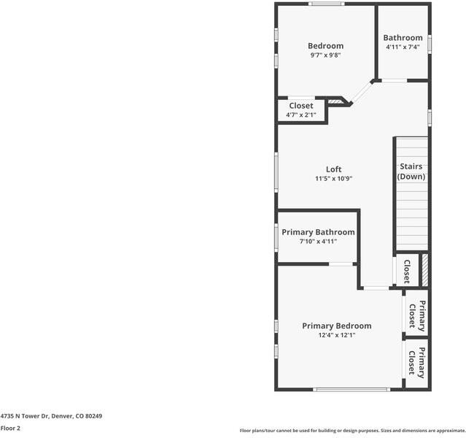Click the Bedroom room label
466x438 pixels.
[x=325, y=46]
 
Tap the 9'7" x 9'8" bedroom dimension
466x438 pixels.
[x=325, y=55]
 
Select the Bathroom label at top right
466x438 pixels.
[x=403, y=38]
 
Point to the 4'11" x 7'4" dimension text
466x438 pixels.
[x=403, y=47]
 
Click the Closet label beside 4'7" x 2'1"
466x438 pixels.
[x=300, y=106]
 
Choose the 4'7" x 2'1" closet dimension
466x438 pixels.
[x=300, y=115]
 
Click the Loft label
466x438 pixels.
[x=333, y=169]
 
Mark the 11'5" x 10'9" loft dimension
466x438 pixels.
[x=333, y=179]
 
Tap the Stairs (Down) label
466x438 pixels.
[x=411, y=172]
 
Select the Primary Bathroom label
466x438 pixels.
[x=318, y=232]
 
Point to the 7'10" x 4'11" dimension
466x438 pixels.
[x=318, y=241]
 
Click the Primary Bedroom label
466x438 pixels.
[x=336, y=326]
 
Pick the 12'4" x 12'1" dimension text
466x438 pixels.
[x=336, y=335]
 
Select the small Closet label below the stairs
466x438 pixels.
[x=406, y=272]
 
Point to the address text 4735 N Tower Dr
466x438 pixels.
[x=51, y=416]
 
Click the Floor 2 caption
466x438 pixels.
[x=10, y=429]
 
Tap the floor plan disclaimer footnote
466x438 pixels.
[x=352, y=430]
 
